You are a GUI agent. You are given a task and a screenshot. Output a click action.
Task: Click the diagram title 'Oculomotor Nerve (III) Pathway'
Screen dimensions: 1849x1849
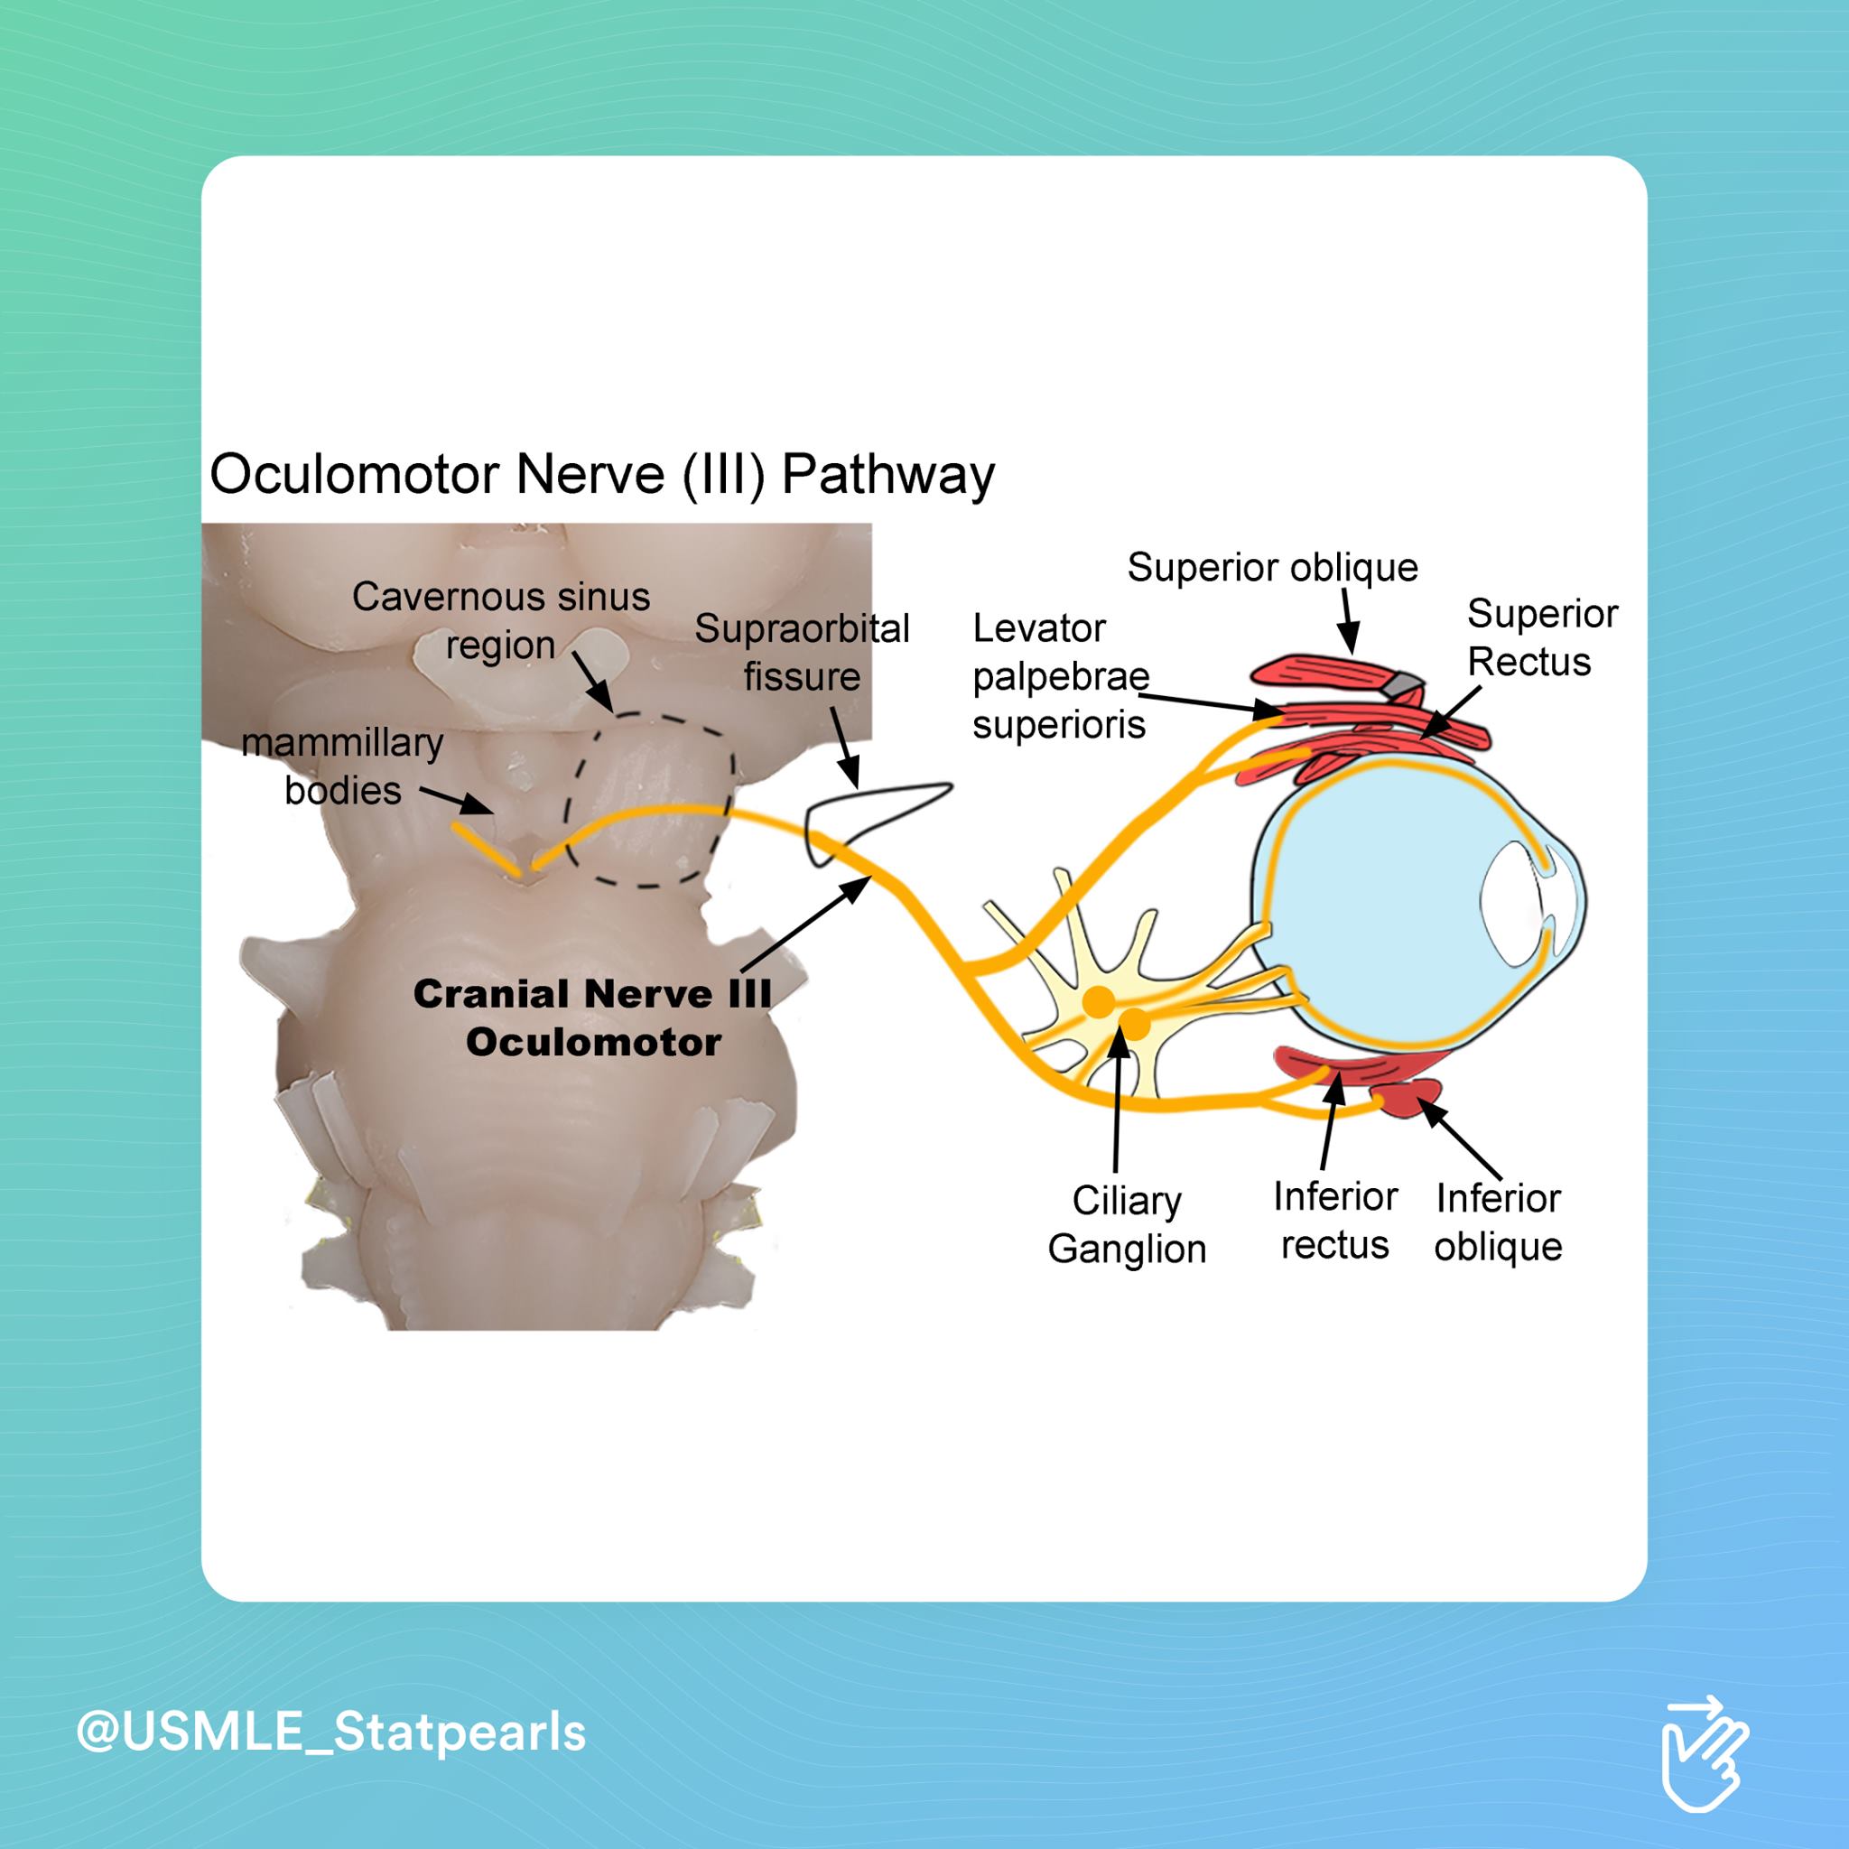(602, 475)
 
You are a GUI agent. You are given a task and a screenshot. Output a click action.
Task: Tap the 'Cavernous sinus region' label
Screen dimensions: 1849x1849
(500, 621)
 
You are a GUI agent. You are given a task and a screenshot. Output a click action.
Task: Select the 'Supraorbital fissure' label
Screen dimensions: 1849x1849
(802, 653)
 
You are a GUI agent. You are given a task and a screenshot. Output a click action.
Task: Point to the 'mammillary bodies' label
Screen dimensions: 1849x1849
(342, 767)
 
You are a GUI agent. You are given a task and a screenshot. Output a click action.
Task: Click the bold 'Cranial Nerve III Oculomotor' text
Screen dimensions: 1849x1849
(592, 1017)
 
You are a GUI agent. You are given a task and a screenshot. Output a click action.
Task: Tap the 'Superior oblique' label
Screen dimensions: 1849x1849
(1272, 568)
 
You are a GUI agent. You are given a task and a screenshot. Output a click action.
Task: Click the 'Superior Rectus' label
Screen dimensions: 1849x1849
(1542, 637)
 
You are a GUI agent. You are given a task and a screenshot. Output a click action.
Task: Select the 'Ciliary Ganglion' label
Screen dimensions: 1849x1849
(1127, 1224)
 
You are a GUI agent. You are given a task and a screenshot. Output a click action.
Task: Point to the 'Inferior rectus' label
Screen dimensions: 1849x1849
(1335, 1221)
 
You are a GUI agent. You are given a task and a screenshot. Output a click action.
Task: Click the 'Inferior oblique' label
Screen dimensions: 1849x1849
(1498, 1222)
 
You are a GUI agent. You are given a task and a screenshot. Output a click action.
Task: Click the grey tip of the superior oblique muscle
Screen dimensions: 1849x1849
(1405, 683)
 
